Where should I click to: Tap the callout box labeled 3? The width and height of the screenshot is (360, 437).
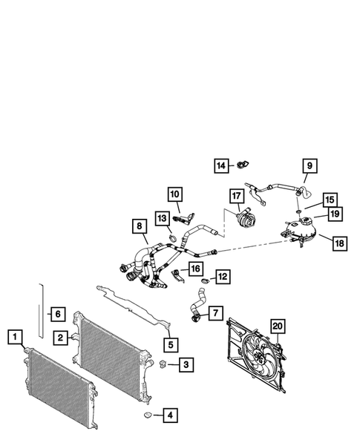click(x=187, y=364)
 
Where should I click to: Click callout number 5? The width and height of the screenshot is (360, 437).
click(x=171, y=344)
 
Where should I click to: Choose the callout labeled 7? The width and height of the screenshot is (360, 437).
click(x=215, y=313)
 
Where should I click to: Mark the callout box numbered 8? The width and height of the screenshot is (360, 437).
click(x=137, y=226)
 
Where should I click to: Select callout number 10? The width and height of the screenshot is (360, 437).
click(x=174, y=195)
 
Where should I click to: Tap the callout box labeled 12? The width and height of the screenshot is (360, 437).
click(x=222, y=277)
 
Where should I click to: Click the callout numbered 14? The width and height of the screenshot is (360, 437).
click(x=221, y=165)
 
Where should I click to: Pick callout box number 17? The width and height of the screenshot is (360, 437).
click(x=236, y=197)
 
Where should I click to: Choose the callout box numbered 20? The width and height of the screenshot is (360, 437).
click(x=277, y=325)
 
